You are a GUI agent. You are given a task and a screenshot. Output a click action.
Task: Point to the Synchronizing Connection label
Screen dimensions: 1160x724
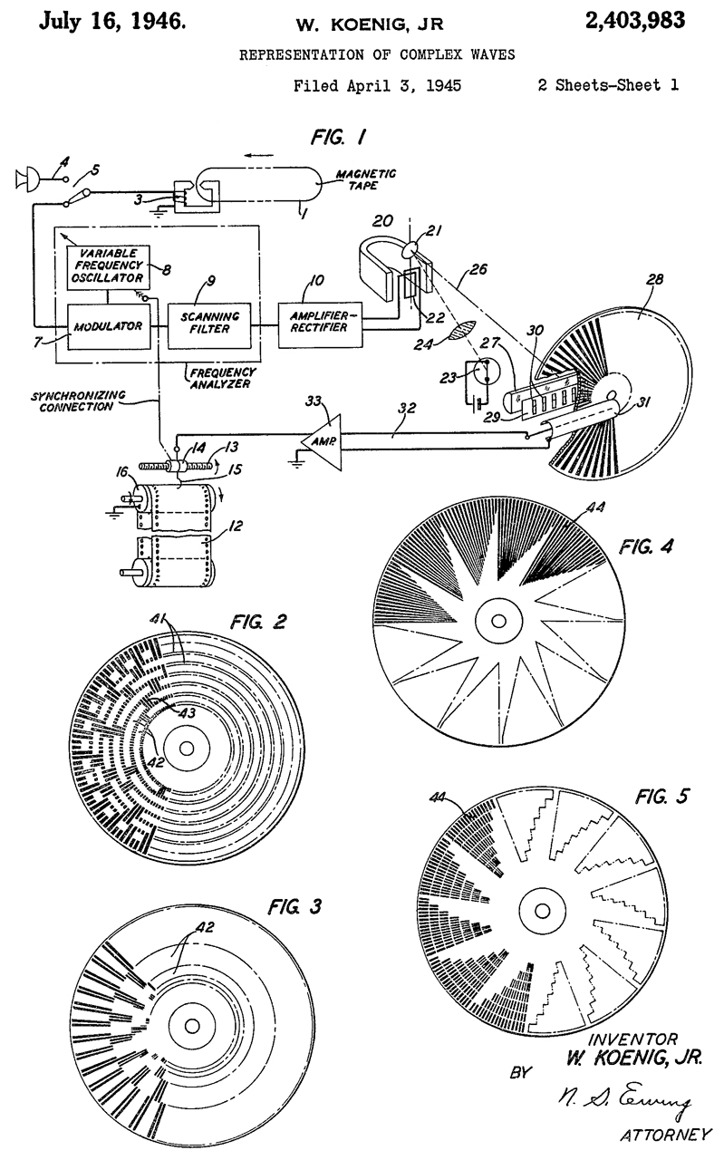pos(85,401)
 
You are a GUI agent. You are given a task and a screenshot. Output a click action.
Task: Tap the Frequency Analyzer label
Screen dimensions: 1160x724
pos(220,377)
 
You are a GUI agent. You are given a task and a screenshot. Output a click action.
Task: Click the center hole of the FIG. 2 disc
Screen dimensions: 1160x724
pos(186,749)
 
